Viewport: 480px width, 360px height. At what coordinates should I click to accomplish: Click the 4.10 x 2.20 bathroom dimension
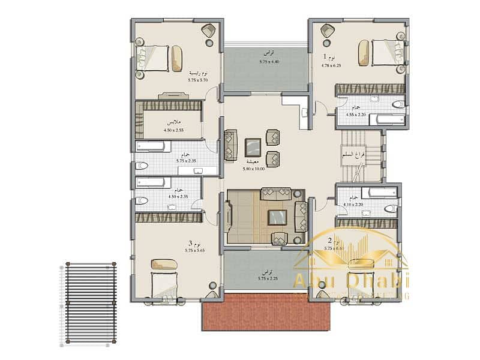point(352,204)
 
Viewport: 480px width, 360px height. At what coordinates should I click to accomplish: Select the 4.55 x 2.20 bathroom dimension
point(356,114)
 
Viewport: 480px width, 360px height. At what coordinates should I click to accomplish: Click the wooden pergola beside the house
point(90,303)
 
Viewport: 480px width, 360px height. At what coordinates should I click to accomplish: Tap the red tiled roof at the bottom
point(266,312)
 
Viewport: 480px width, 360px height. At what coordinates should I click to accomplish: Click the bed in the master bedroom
point(159,58)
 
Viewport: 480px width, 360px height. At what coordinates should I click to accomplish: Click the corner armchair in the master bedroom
point(209,31)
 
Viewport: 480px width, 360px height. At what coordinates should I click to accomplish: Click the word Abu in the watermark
point(311,281)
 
